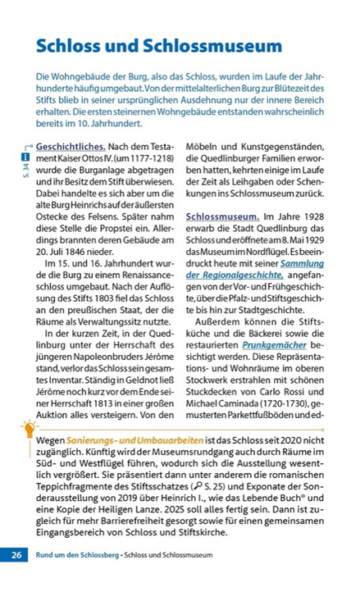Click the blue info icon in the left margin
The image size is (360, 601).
(x=25, y=156)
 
